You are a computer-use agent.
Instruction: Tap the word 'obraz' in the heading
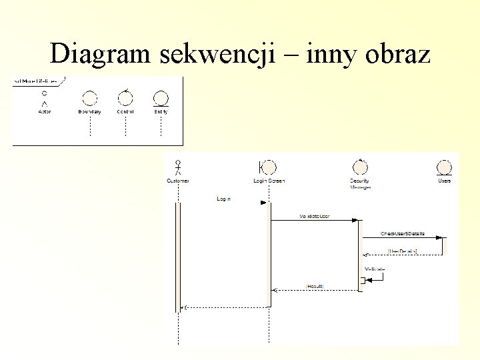click(397, 53)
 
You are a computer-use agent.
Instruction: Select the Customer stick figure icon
click(177, 167)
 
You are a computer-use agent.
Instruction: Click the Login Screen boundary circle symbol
click(269, 167)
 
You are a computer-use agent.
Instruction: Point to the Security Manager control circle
click(360, 167)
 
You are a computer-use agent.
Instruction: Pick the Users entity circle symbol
click(445, 167)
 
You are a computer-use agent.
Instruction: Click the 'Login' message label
click(223, 199)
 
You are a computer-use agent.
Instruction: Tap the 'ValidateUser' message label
click(314, 217)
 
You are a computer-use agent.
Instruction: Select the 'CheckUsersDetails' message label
click(403, 234)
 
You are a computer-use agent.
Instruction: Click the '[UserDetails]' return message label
click(403, 251)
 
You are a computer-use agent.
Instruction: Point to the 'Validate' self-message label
click(375, 269)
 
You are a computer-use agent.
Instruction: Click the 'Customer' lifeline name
click(177, 181)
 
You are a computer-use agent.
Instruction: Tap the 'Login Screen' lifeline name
click(269, 181)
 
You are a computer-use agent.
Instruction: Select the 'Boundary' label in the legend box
click(89, 111)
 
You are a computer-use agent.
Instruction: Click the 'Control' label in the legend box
click(125, 111)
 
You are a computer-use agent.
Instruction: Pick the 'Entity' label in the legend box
click(161, 111)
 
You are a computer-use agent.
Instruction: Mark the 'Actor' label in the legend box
click(44, 111)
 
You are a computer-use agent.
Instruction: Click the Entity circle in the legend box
click(161, 98)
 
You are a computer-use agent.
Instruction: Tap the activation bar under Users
click(445, 245)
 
